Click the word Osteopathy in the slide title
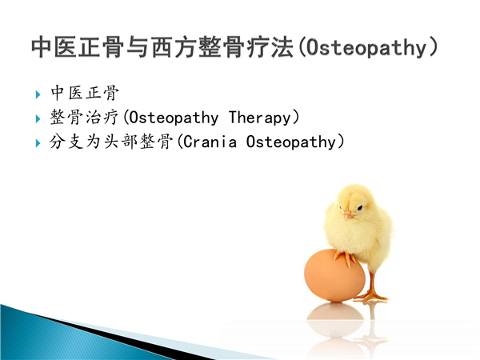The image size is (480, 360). [366, 48]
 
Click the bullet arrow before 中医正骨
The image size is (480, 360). [38, 94]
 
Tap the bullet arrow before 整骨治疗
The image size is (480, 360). [38, 118]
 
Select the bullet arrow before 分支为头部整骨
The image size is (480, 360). [38, 143]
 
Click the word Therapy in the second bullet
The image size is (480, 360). [259, 118]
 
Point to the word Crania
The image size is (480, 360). [210, 142]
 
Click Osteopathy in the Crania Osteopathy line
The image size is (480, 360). [291, 142]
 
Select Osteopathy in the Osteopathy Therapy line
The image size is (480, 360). [174, 118]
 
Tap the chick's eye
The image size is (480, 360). [360, 208]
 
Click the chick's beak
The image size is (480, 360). [348, 215]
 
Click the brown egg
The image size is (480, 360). [334, 275]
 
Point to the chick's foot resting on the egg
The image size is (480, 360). [345, 258]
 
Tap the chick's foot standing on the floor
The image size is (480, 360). [371, 296]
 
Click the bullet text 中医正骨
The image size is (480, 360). [85, 93]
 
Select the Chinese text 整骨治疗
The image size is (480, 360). [84, 118]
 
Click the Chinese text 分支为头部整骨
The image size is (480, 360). [111, 142]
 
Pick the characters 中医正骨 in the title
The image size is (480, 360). [78, 47]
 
